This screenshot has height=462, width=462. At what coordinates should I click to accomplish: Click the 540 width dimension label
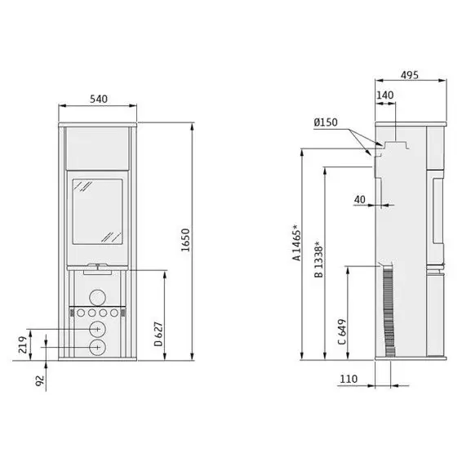tap(99, 99)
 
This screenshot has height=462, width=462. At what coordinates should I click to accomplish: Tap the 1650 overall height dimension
tap(185, 240)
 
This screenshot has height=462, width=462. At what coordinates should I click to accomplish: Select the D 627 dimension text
tap(158, 334)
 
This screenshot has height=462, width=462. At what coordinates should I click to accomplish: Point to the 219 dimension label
tap(22, 344)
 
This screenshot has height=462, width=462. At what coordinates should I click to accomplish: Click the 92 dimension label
tap(39, 380)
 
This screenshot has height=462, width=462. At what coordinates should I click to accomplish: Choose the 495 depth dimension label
tap(410, 75)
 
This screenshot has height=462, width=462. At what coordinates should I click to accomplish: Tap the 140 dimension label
tap(384, 96)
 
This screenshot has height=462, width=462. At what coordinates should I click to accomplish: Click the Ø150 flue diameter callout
tap(326, 122)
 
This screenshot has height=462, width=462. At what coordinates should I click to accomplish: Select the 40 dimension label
tap(359, 199)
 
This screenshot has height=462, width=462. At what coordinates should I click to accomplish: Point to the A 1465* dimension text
tap(296, 242)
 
